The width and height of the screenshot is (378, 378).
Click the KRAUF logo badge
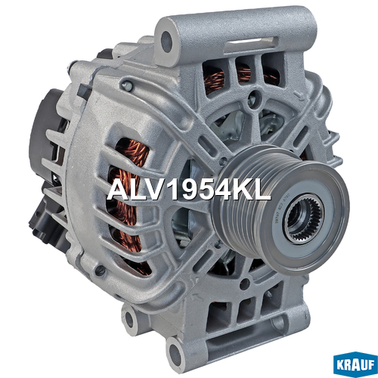pyautogui.click(x=355, y=364)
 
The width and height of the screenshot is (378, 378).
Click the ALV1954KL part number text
pyautogui.click(x=189, y=191)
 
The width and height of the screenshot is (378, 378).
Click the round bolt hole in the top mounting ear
pyautogui.click(x=166, y=42)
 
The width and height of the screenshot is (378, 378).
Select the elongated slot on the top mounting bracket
pyautogui.click(x=252, y=45)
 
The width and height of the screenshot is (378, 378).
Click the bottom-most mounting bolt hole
pyautogui.click(x=175, y=352)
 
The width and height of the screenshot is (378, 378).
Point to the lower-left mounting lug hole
pyautogui.click(x=129, y=321)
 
